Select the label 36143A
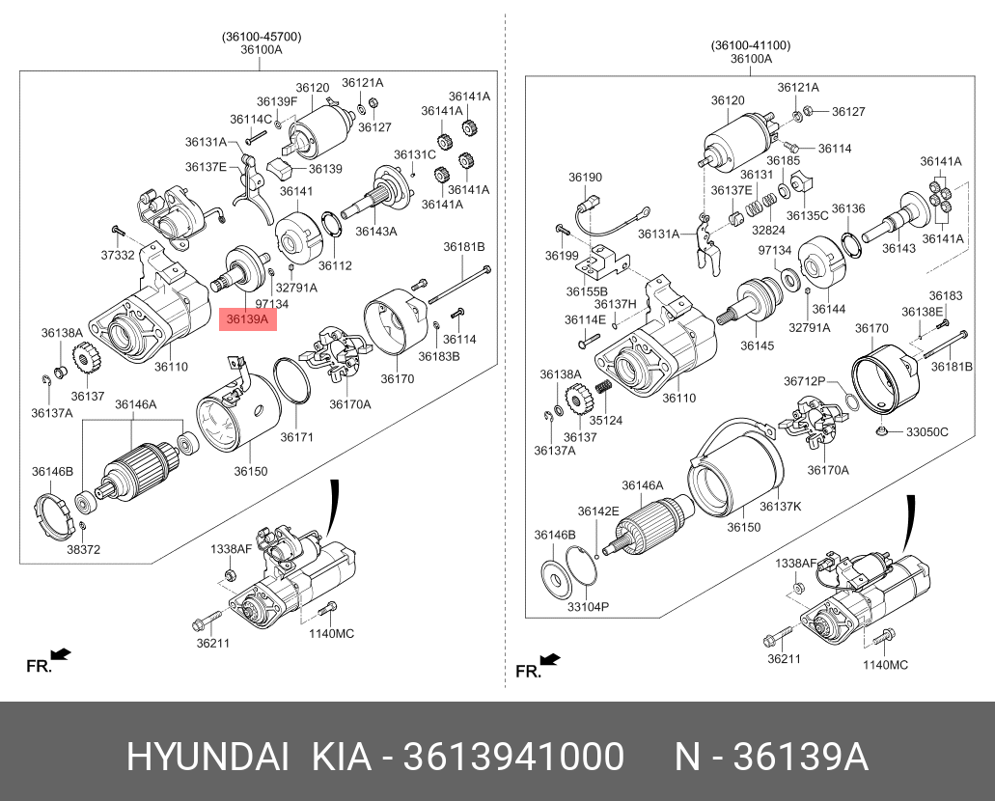coord(375,232)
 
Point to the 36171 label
coord(297,436)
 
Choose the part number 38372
coord(84,549)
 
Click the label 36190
coord(585,178)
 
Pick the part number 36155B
coord(588,290)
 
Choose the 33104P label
coord(588,607)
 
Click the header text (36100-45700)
coord(262,37)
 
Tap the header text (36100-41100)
coord(751,44)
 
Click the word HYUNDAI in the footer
coord(207,758)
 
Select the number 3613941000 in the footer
coord(512,758)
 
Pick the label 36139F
coord(277,101)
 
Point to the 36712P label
coord(804,380)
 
